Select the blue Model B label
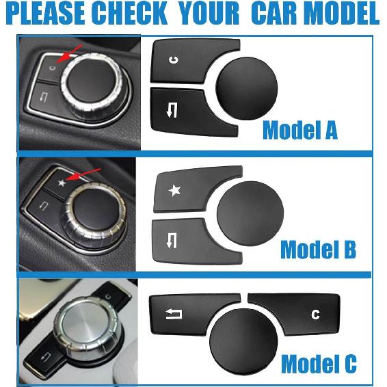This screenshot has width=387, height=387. pyautogui.click(x=318, y=250)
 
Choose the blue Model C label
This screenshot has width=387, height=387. pyautogui.click(x=319, y=363)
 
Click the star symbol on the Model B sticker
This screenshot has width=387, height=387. pyautogui.click(x=175, y=191)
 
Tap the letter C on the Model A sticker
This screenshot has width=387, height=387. pyautogui.click(x=173, y=60)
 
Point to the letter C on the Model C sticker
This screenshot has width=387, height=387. pyautogui.click(x=315, y=315)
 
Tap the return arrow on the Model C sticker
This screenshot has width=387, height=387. pyautogui.click(x=173, y=314)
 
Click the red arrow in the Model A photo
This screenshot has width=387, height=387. pyautogui.click(x=70, y=53)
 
